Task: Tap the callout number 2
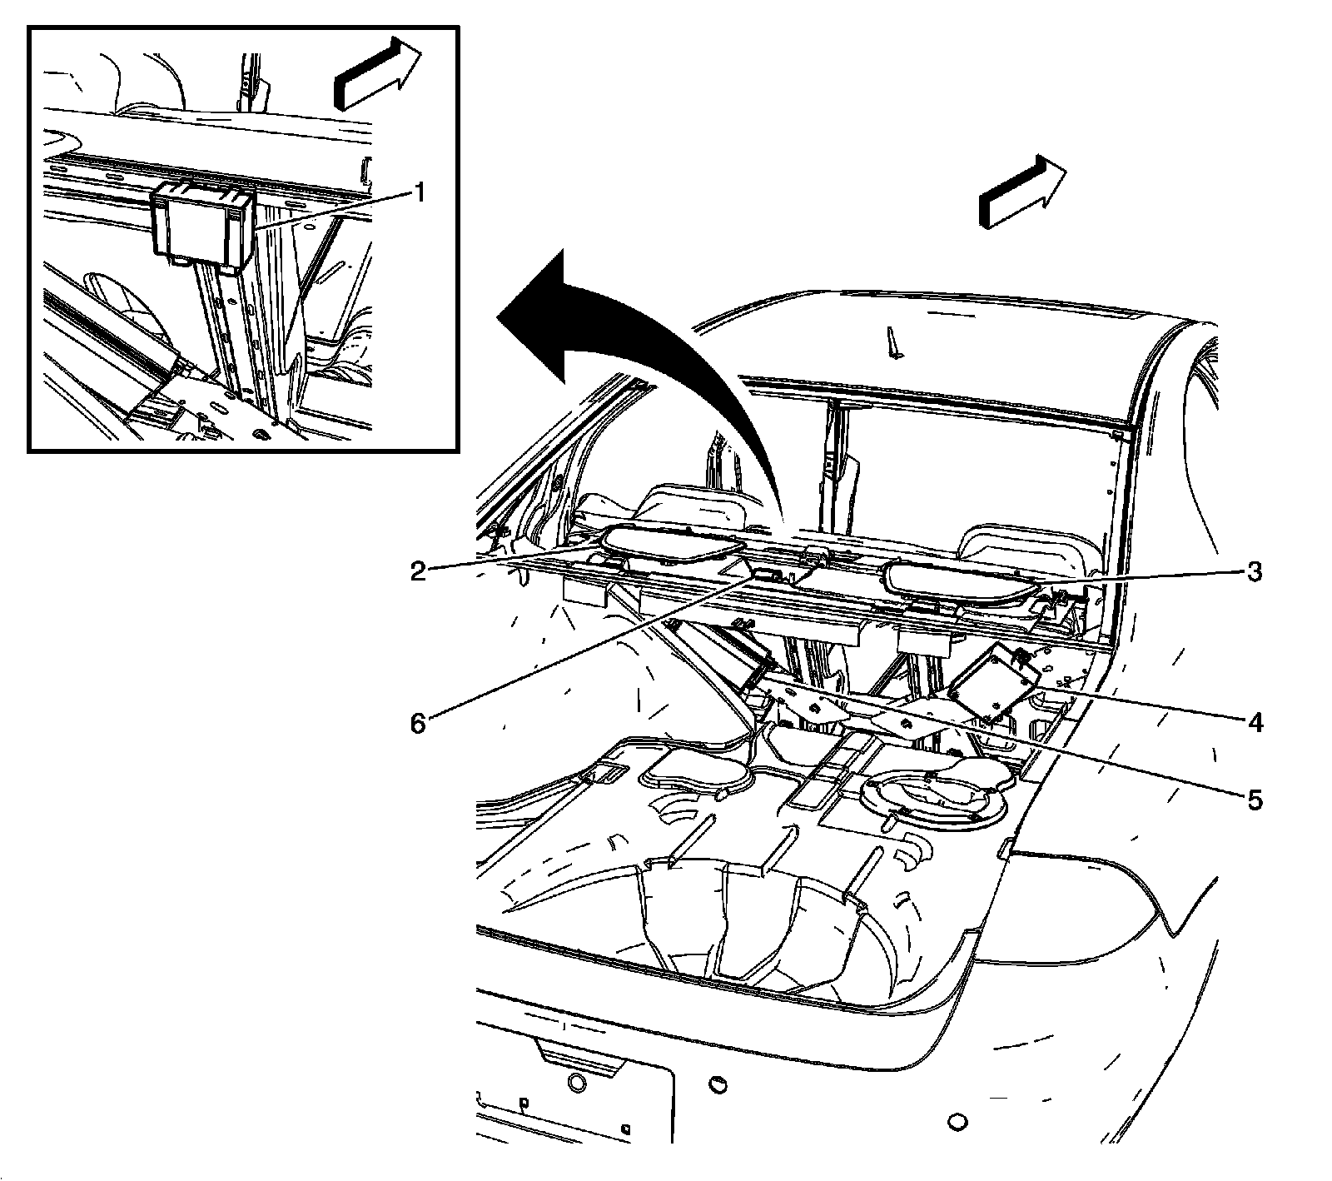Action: tap(418, 571)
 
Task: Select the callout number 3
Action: tap(1255, 572)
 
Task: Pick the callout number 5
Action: tap(1255, 800)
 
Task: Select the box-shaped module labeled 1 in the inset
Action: tap(202, 225)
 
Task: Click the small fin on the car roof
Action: tap(894, 343)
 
